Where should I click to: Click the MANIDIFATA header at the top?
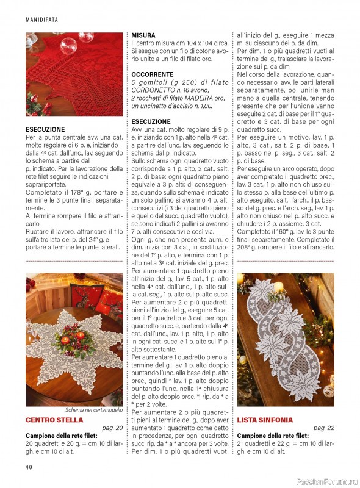(x=41, y=20)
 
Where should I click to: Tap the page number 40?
(x=29, y=468)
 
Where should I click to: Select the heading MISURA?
(x=143, y=35)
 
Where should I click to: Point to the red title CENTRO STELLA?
(x=54, y=420)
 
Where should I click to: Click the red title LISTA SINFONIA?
(x=264, y=420)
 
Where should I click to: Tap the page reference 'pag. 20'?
(x=112, y=429)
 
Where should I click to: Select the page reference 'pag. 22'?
(x=323, y=429)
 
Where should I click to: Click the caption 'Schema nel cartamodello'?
(x=92, y=410)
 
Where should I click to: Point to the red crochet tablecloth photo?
(x=74, y=74)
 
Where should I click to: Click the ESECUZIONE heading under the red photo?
(x=45, y=130)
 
